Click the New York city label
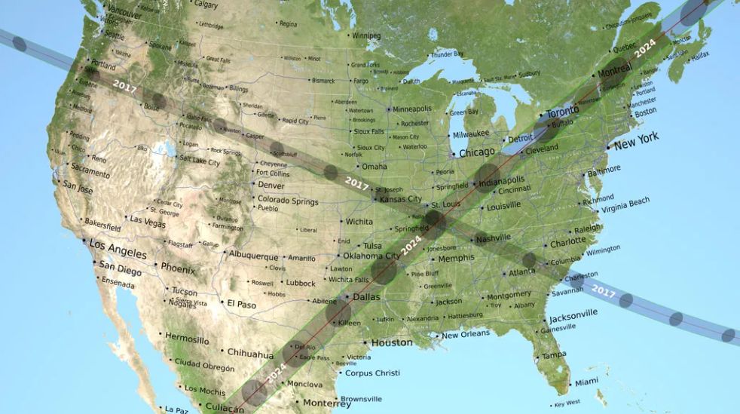637,141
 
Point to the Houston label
393,342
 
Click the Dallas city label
366,297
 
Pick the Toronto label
563,111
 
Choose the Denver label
271,186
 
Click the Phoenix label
179,268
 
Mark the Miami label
587,382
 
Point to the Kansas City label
401,199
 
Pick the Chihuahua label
250,354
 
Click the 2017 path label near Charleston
604,288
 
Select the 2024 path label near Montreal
646,50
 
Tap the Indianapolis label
500,181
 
